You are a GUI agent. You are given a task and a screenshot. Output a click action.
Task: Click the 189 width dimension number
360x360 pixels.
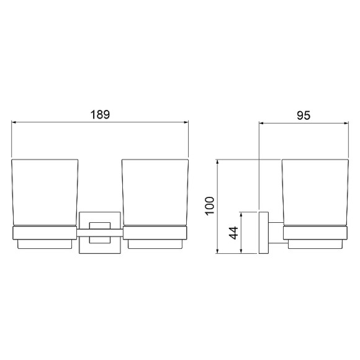(x=101, y=115)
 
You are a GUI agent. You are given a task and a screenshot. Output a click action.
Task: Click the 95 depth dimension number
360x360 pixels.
(x=304, y=115)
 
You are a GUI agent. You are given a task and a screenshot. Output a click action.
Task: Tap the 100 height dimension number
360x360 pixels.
(x=210, y=206)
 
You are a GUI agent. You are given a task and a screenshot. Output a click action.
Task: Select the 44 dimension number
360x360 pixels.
(x=234, y=233)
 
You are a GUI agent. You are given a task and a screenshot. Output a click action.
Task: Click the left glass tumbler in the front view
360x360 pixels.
(x=45, y=192)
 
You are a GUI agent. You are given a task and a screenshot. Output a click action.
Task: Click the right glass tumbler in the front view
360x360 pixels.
(x=155, y=192)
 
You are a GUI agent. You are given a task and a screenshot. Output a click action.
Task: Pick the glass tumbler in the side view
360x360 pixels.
(x=315, y=192)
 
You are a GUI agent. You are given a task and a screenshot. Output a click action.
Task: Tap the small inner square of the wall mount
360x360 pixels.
(x=100, y=233)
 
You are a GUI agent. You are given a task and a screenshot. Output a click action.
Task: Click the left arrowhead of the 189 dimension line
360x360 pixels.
(x=14, y=122)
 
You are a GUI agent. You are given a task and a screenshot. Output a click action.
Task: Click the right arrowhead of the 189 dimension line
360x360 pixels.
(x=186, y=122)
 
